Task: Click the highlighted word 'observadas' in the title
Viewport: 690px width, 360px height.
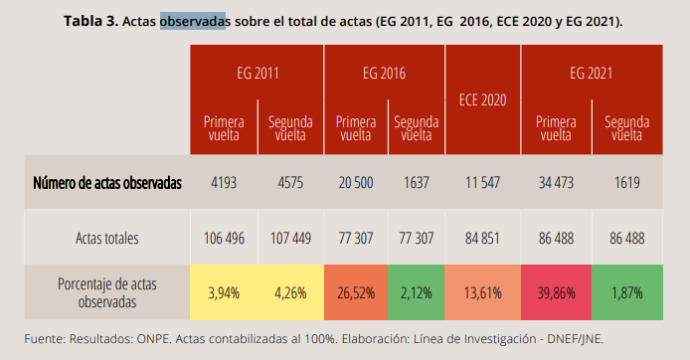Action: [x=192, y=21]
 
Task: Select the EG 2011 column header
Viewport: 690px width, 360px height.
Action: [x=258, y=73]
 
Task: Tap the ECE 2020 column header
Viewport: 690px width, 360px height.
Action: [x=483, y=99]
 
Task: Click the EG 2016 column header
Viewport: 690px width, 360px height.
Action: [x=385, y=73]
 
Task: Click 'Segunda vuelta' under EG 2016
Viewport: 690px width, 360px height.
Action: [x=416, y=128]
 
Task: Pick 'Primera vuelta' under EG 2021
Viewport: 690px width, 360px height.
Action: [x=556, y=128]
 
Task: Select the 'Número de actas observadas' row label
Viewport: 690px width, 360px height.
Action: [x=106, y=183]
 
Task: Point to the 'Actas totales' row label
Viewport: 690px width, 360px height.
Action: [x=106, y=239]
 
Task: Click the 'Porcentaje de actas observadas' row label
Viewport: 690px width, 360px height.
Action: [x=106, y=292]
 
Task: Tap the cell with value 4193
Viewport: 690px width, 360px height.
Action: [x=225, y=183]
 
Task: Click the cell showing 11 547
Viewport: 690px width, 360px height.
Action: [x=483, y=183]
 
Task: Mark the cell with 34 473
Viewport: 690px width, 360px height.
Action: [x=556, y=183]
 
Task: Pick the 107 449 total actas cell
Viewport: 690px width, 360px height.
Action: [x=290, y=239]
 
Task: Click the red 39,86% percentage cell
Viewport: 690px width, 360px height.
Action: [x=556, y=292]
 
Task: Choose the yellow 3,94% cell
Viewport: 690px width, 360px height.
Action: [x=225, y=292]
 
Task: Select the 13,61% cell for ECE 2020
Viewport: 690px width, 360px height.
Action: [x=483, y=292]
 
